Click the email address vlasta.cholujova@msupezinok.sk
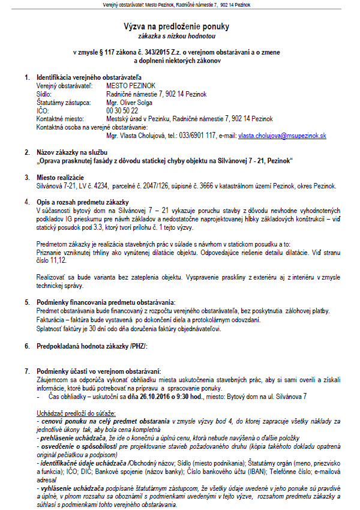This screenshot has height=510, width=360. coord(282,136)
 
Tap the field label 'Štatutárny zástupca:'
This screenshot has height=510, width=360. coord(62,103)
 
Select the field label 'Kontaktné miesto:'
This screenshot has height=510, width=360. coord(59,119)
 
